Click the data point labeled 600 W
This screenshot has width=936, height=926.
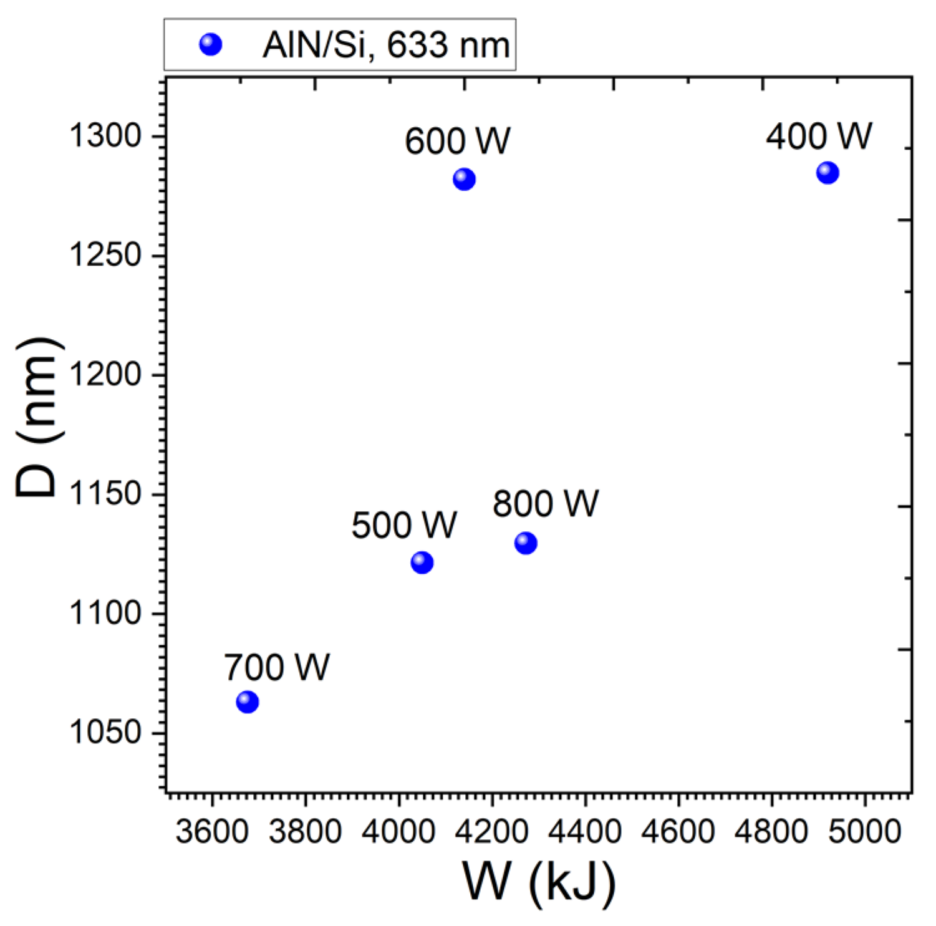coord(464,180)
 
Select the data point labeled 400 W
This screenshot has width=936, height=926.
coord(827,173)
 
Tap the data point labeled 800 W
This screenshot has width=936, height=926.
coord(526,543)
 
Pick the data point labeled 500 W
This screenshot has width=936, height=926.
coord(422,563)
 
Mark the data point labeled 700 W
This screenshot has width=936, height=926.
coord(248,702)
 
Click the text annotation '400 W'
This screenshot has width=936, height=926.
coord(819,136)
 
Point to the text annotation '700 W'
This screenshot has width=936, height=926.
coord(277,667)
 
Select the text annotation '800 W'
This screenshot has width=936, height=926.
coord(546,503)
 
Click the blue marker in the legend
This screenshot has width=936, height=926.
coord(211,45)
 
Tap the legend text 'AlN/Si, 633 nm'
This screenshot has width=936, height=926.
coord(386,45)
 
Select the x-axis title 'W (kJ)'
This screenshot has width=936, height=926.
coord(539,882)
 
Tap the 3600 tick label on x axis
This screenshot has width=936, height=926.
coord(212,832)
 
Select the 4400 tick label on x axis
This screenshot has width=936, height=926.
coord(585,832)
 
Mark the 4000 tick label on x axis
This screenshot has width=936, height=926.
coord(398,832)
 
